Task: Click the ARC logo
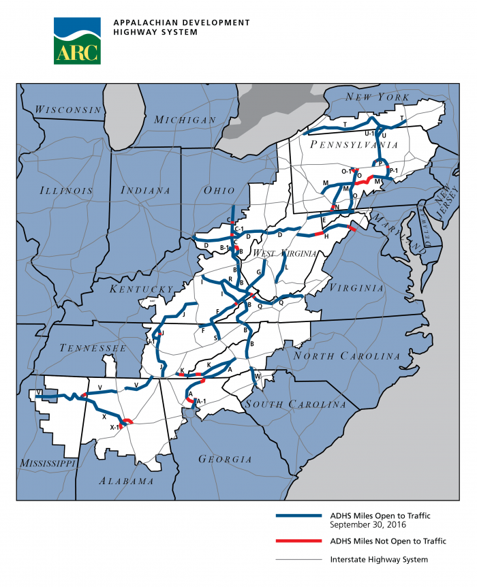coord(76,40)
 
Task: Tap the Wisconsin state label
coord(68,110)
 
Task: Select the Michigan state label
coord(185,120)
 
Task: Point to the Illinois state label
coord(66,191)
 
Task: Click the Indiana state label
coord(145,191)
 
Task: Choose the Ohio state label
coord(219,191)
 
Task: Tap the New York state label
coord(372,97)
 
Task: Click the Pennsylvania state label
coord(354,145)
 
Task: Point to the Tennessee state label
coord(93,348)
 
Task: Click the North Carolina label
coord(346,356)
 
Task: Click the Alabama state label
coord(126,481)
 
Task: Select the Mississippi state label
coord(47,463)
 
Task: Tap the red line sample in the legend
coord(298,541)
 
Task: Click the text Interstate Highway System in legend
coord(379,560)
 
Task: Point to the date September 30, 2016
coord(367,524)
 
